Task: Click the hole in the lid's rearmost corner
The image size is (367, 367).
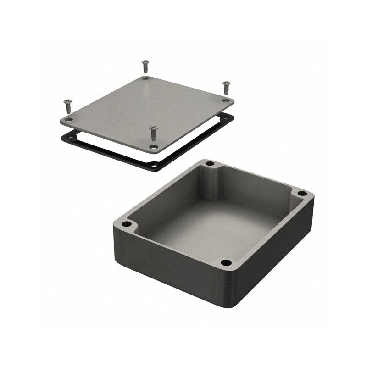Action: click(x=145, y=78)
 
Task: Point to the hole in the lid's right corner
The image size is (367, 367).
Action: click(x=225, y=100)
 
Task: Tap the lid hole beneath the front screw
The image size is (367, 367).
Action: click(x=154, y=147)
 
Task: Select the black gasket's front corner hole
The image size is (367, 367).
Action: click(x=155, y=164)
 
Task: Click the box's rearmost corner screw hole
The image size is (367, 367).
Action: click(x=210, y=164)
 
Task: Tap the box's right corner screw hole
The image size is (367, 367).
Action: click(x=302, y=193)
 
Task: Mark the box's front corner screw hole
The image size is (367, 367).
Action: click(x=226, y=263)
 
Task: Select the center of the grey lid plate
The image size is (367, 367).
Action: click(x=147, y=112)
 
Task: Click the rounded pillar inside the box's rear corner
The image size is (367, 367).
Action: click(x=212, y=183)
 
